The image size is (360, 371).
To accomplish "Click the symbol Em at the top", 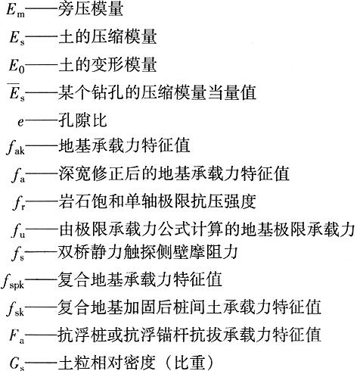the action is [16, 10].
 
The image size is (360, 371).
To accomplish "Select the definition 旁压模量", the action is [91, 10].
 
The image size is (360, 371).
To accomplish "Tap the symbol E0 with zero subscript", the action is [17, 65].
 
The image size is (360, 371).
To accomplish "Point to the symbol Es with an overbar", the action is [17, 92].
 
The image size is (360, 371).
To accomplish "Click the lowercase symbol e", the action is [20, 122].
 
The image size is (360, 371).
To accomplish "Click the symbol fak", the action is [16, 148].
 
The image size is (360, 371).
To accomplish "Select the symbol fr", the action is [19, 202].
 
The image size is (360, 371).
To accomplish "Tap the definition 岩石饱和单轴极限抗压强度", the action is [157, 201].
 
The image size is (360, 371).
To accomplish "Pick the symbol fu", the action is [18, 230].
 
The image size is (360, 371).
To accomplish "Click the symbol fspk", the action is [13, 281].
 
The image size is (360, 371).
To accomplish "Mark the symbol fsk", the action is [15, 309].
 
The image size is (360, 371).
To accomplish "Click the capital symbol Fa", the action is [17, 336].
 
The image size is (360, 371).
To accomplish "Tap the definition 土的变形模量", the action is [107, 64].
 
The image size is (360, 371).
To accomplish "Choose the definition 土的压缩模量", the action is [107, 37].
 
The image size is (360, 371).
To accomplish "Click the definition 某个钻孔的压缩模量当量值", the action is [157, 92].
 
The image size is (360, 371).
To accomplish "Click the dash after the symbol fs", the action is [41, 253].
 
